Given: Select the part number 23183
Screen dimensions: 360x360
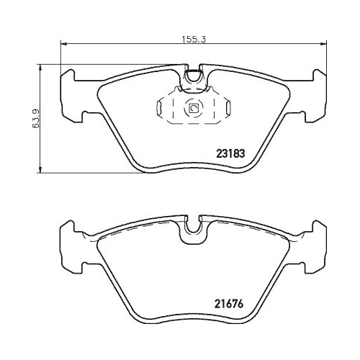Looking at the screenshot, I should point(230,152).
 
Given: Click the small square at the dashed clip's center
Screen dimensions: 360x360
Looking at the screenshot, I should point(192,109).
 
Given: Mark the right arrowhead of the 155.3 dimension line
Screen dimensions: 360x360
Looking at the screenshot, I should point(325,46).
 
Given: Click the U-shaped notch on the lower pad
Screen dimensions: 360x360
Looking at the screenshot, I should point(192,228).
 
